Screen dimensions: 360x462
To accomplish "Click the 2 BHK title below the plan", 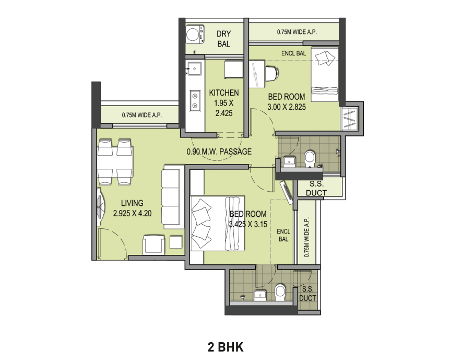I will pyautogui.click(x=226, y=346).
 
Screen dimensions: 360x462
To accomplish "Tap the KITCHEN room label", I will pyautogui.click(x=224, y=93).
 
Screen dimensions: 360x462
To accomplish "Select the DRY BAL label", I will pyautogui.click(x=224, y=39).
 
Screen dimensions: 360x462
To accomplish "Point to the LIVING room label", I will pyautogui.click(x=132, y=203).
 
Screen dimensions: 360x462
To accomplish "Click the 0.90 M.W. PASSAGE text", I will pyautogui.click(x=219, y=152).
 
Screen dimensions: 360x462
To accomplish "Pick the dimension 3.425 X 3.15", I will pyautogui.click(x=248, y=224).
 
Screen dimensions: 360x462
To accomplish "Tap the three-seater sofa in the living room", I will pyautogui.click(x=171, y=198).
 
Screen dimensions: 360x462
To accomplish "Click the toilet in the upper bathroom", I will pyautogui.click(x=310, y=157).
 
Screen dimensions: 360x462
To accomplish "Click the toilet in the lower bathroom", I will pyautogui.click(x=280, y=291).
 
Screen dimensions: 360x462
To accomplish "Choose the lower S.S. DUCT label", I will pyautogui.click(x=307, y=294).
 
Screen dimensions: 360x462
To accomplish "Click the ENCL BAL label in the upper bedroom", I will pyautogui.click(x=293, y=53).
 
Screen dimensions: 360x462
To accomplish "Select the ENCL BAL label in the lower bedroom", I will pyautogui.click(x=283, y=236).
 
